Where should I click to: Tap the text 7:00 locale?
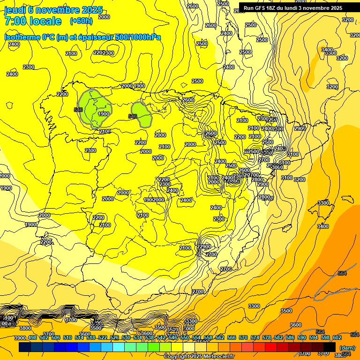(33, 21)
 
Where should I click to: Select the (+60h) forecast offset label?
(81, 21)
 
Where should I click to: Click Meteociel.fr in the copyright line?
(216, 357)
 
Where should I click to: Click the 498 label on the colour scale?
(32, 338)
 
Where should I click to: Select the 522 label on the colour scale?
(102, 338)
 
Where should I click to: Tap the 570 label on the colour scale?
(243, 338)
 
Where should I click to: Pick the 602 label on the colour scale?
(337, 338)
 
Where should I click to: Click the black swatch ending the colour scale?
(330, 347)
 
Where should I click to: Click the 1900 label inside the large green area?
(103, 114)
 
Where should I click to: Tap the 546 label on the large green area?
(78, 110)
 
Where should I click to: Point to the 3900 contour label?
(20, 338)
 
